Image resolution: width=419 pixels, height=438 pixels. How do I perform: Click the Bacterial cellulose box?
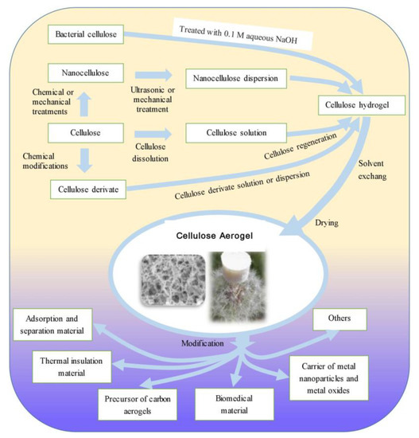[x=85, y=35]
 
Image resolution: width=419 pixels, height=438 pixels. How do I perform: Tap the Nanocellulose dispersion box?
[x=235, y=79]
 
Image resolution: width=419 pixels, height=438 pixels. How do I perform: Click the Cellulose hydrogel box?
[x=359, y=105]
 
